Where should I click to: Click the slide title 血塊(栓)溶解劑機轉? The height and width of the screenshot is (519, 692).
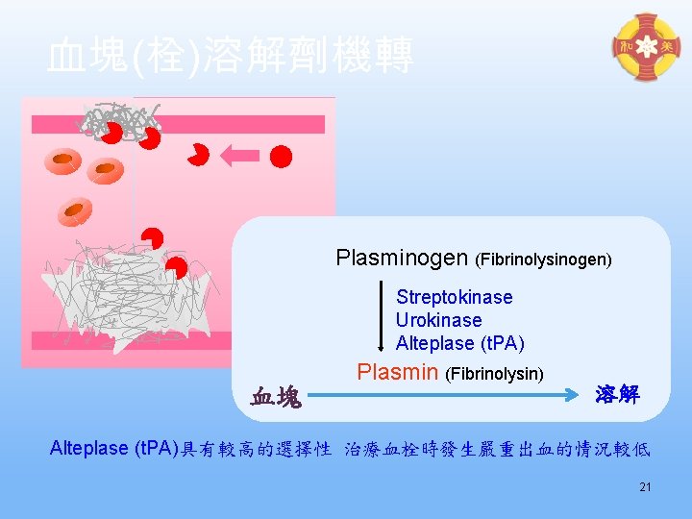(231, 56)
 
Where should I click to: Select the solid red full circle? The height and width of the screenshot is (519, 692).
(281, 156)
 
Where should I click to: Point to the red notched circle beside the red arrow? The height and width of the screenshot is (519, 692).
(200, 155)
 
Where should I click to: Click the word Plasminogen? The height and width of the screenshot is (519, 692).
(403, 258)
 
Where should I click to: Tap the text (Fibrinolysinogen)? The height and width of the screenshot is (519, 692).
(544, 259)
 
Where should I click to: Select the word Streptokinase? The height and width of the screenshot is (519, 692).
(454, 297)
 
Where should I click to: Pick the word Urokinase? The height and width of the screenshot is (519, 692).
(438, 320)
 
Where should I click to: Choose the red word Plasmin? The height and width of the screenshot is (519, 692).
(398, 372)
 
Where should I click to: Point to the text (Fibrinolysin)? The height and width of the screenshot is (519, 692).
(494, 374)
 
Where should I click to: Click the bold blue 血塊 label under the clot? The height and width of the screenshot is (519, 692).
(276, 396)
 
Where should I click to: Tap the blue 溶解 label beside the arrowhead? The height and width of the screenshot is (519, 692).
(616, 394)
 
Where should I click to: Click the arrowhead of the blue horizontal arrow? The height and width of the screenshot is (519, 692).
(581, 392)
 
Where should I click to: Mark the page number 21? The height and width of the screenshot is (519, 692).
(645, 487)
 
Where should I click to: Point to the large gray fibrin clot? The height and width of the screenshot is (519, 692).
(125, 284)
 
